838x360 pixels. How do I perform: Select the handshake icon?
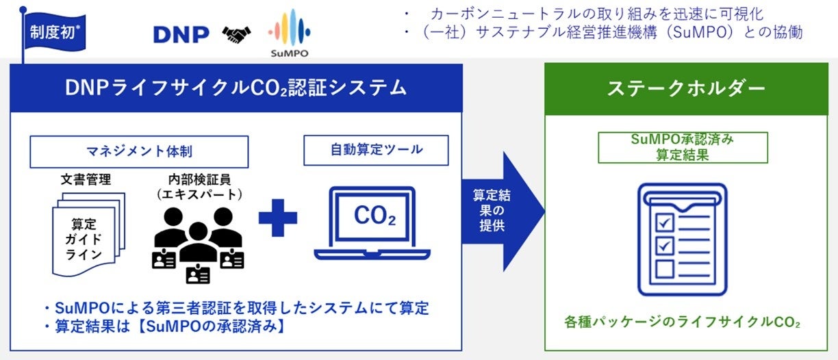pos(236,34)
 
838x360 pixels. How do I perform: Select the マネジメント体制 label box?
pos(138,151)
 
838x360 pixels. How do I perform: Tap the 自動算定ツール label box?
pos(376,150)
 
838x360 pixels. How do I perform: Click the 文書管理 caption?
pos(86,180)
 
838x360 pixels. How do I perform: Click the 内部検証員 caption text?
pos(197,186)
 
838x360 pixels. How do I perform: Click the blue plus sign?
pos(278,218)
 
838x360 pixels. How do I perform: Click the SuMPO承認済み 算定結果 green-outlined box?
pos(683,147)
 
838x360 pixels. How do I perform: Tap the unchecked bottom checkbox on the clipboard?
pos(665,268)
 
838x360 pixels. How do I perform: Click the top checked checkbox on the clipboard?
pos(665,221)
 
